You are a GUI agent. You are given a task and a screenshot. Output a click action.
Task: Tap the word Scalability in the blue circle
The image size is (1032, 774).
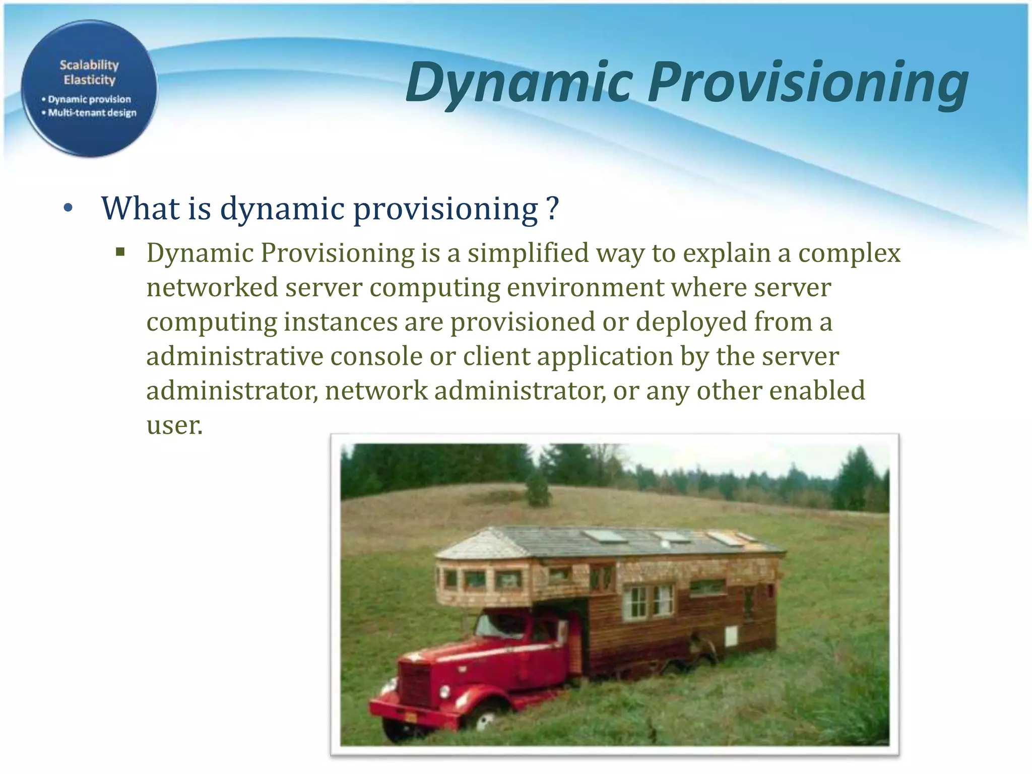point(89,65)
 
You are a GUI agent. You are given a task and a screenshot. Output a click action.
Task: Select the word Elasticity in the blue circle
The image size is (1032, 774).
point(89,80)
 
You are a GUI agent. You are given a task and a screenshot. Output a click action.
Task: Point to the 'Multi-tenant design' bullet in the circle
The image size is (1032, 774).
point(92,112)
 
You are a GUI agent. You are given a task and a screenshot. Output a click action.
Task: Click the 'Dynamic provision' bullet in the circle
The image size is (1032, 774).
point(89,99)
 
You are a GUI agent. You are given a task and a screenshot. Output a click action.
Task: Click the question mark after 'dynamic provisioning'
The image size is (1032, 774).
point(553,208)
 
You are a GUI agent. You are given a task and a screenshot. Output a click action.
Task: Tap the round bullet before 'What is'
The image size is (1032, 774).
point(69,208)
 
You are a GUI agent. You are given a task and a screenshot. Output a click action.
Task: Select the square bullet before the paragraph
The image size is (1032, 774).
point(120,251)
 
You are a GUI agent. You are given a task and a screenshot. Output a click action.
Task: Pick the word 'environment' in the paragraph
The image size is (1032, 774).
point(586,288)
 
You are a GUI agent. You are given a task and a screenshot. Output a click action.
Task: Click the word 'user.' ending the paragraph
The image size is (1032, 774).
point(174,425)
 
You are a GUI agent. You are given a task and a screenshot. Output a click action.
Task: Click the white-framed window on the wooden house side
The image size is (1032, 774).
point(648,602)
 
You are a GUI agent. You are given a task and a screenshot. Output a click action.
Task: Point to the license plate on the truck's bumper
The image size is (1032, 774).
point(411,717)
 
